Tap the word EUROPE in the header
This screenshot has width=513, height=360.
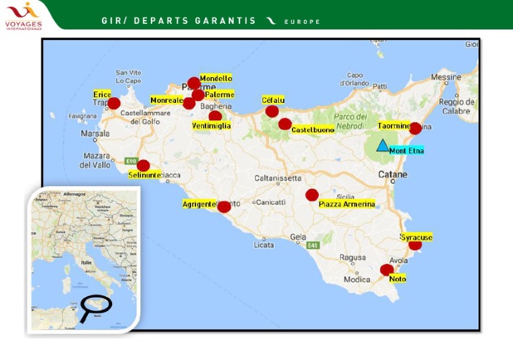302,22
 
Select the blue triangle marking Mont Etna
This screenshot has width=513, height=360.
382,145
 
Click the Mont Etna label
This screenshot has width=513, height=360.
406,151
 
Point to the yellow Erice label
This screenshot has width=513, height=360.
102,95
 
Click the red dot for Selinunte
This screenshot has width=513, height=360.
144,165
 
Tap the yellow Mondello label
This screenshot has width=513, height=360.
216,78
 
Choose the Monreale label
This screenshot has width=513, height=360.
166,100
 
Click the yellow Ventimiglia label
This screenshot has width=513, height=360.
211,125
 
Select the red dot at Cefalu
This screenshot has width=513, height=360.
271,111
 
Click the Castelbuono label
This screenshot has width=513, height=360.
313,130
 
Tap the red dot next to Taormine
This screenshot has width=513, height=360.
416,128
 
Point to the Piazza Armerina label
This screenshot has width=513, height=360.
347,204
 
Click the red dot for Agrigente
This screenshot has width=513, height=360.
223,207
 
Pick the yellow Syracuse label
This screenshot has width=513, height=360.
416,237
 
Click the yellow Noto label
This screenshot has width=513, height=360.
398,279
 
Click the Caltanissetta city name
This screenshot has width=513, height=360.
277,178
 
